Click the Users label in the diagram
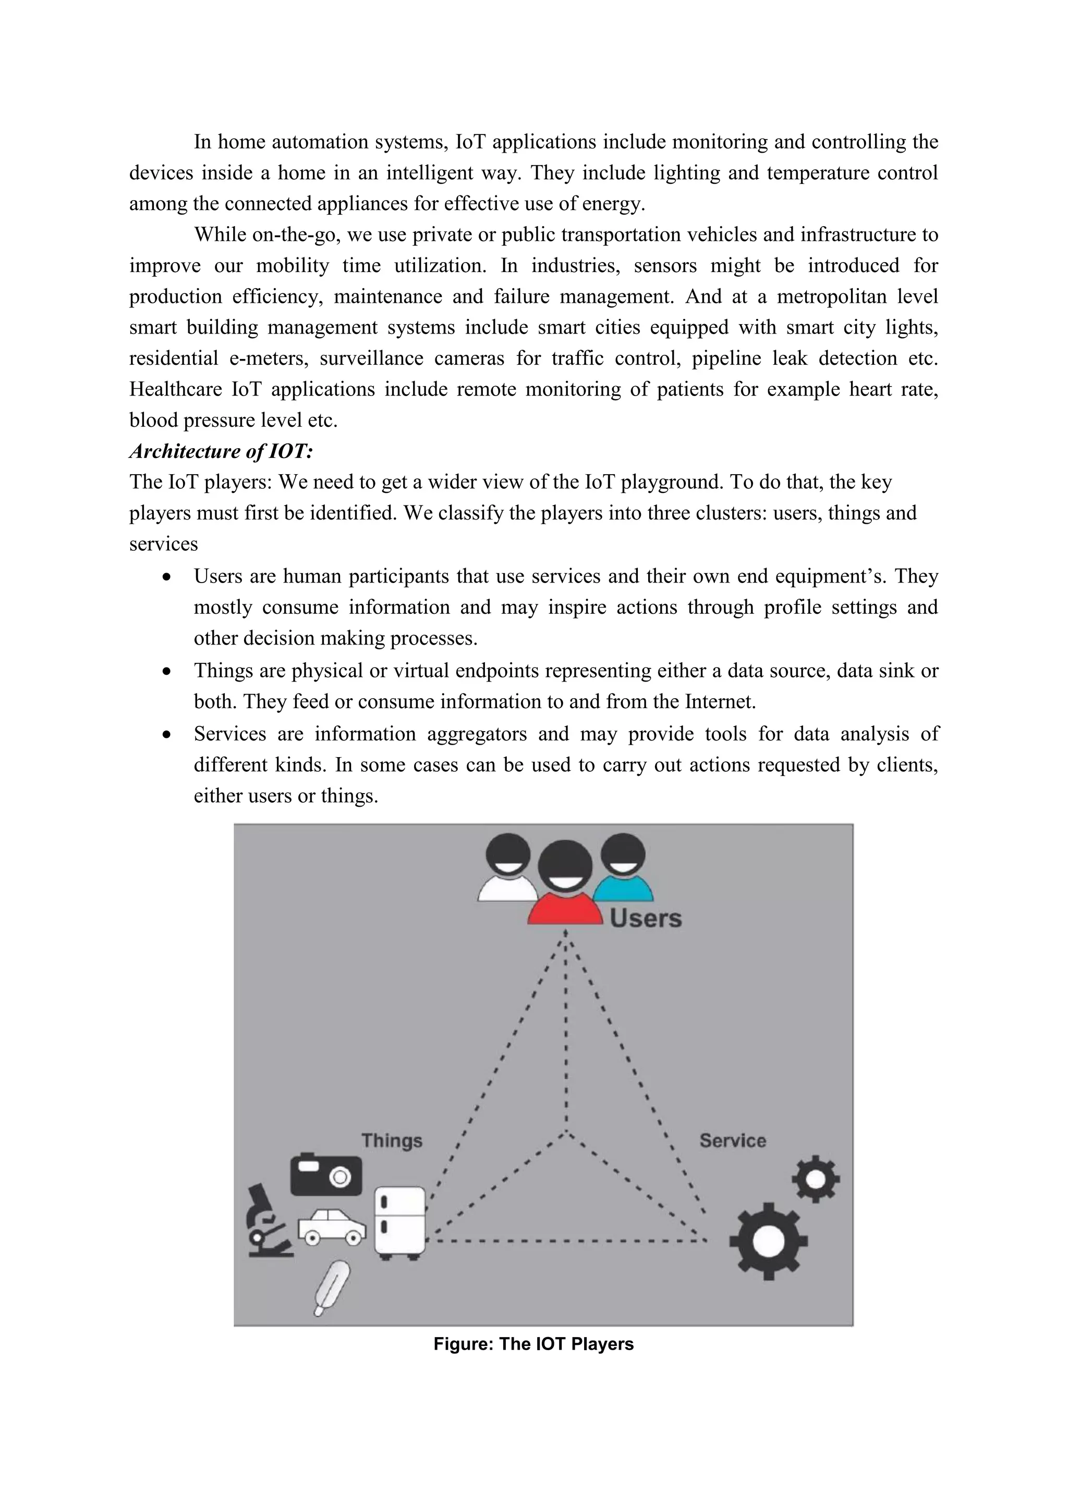(645, 918)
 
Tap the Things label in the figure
(392, 1140)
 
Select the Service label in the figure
(733, 1140)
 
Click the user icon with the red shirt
(566, 884)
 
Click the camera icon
(326, 1175)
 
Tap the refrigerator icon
(400, 1223)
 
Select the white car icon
(332, 1227)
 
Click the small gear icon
(816, 1179)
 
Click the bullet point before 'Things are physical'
(168, 672)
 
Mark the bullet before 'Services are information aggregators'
(168, 735)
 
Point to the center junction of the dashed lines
(566, 1132)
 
